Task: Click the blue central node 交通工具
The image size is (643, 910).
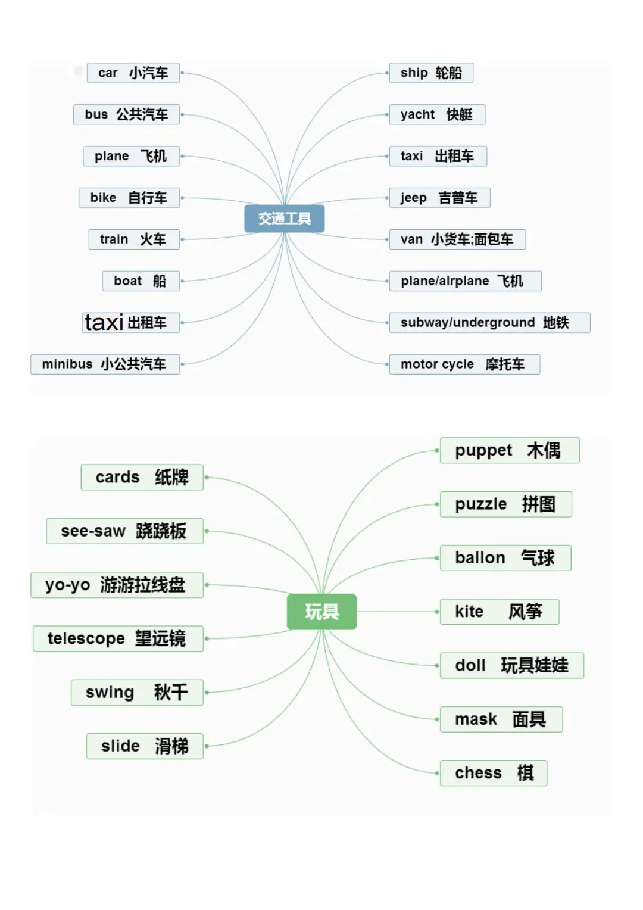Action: coord(285,219)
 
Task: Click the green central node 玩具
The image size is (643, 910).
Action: coord(321,612)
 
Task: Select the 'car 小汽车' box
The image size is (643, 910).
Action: coord(133,73)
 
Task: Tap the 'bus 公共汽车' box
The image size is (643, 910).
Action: coord(126,114)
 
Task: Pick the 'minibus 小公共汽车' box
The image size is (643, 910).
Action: coord(105,364)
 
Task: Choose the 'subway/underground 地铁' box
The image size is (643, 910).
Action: coord(489,323)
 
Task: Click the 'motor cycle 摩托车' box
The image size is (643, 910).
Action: coord(464,364)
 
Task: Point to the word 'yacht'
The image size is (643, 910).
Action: coord(417,114)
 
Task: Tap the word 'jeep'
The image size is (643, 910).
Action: coord(413,198)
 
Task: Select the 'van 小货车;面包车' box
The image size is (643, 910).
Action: coord(457,239)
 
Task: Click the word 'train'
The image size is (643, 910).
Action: coord(114,239)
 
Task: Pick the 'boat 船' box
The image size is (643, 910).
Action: coord(140,281)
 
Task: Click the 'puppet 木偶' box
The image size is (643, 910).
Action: coord(509,451)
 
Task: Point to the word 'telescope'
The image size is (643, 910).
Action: coord(86,638)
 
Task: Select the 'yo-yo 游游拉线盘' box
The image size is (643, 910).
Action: coord(117,585)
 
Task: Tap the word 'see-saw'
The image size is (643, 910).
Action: coord(93,531)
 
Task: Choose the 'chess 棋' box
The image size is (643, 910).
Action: coord(493,773)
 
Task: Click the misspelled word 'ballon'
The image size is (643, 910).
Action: coord(480,558)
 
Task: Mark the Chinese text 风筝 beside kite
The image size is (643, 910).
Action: coord(525,612)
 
